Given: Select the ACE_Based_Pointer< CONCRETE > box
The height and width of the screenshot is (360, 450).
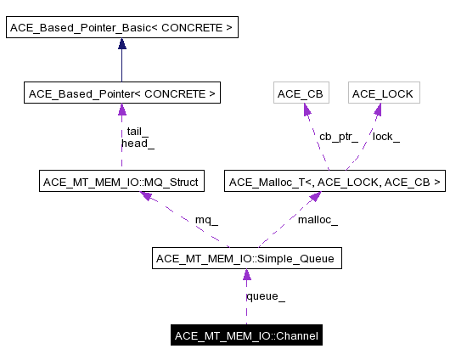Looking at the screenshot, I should pyautogui.click(x=121, y=93).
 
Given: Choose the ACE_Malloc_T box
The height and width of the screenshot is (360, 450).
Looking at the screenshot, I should pyautogui.click(x=335, y=181).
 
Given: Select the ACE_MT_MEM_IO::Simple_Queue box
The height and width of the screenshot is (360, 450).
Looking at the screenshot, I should pyautogui.click(x=246, y=259).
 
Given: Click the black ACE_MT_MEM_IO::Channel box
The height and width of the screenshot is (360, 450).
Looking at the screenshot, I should pyautogui.click(x=246, y=336).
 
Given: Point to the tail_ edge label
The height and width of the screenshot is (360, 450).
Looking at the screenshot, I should pyautogui.click(x=138, y=132).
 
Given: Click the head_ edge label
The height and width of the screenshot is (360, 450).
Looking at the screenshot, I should pyautogui.click(x=138, y=143).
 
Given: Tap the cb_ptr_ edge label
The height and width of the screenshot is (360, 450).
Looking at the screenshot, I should pyautogui.click(x=338, y=136).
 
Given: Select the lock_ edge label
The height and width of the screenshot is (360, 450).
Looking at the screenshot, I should pyautogui.click(x=386, y=136).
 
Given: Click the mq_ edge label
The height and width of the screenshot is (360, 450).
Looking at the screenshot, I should pyautogui.click(x=206, y=220).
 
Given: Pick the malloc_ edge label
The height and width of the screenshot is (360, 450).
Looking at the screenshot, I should pyautogui.click(x=318, y=220).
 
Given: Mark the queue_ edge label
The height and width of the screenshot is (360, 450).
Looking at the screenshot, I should pyautogui.click(x=265, y=296).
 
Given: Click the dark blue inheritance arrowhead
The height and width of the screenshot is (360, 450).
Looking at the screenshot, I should pyautogui.click(x=121, y=45).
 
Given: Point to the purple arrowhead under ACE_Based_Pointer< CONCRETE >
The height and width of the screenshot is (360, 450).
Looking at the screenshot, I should pyautogui.click(x=121, y=110).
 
